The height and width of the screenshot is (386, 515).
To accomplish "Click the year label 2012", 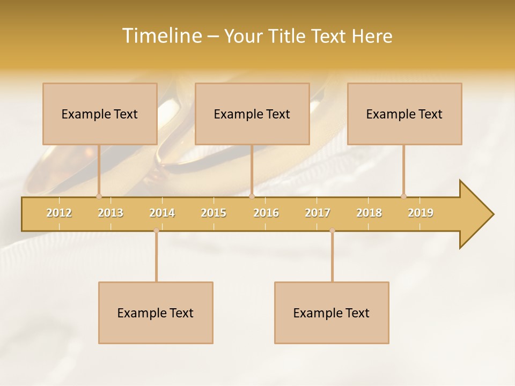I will click(59, 213).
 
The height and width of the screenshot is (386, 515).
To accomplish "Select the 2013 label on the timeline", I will click(111, 213).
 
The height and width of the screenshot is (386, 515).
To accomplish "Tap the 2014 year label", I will click(162, 213).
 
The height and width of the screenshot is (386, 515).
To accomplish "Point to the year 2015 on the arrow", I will click(214, 213).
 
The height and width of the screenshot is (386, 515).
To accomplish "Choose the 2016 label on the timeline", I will click(266, 213).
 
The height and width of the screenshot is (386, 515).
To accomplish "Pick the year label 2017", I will click(318, 213).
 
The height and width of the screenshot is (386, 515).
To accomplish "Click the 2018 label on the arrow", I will click(369, 213).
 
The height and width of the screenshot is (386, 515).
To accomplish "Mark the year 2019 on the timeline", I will click(421, 213).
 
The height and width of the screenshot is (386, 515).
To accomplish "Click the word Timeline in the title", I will click(161, 36).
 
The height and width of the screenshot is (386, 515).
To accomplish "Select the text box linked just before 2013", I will click(100, 114).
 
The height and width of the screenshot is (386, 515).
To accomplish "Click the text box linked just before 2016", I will click(252, 114).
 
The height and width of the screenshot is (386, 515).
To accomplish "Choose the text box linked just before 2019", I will click(404, 114).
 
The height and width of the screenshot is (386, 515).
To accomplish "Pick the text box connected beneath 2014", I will click(156, 313).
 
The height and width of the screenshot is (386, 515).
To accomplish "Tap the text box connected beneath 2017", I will click(332, 313).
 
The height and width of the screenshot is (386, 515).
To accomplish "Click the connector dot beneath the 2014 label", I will click(156, 231).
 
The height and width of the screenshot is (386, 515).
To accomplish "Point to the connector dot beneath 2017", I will click(332, 231).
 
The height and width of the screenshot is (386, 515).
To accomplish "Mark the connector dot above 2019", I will click(403, 196).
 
